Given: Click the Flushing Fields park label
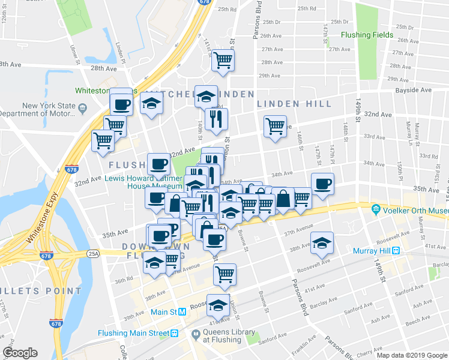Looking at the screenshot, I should point(367,35).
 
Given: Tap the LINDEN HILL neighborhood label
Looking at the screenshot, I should point(294,104).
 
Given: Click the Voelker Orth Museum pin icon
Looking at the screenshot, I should point(376,210).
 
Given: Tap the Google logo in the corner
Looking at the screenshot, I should point(20,352).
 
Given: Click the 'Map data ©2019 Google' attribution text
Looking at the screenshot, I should point(412,355).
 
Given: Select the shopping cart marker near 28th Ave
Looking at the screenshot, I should point(223,60).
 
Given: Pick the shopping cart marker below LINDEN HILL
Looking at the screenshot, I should point(274,127).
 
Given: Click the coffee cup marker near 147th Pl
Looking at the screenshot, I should point(322,184).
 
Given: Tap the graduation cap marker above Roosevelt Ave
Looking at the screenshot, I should point(322,242).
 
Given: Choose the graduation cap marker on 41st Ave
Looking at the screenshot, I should point(218,305).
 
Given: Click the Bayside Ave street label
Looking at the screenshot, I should point(413,90).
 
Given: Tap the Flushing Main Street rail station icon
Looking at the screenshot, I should point(174,333).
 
